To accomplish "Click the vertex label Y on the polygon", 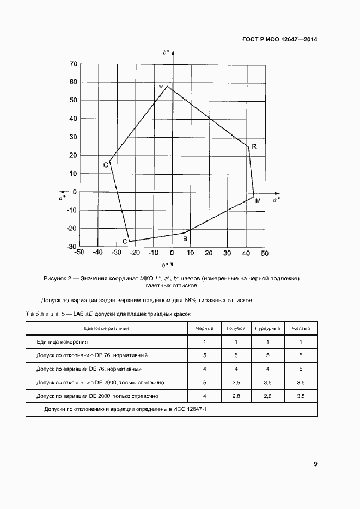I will click(161, 88).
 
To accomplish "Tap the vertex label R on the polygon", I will click(254, 147).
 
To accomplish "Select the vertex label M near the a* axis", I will click(258, 201).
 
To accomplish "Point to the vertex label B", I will click(185, 239).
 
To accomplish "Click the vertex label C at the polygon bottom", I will click(124, 242).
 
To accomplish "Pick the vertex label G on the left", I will click(106, 164).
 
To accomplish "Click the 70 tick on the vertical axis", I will click(72, 64).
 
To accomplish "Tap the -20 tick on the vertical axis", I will click(71, 229).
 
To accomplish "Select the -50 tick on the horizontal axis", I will click(79, 253).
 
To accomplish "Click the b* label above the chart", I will click(166, 52).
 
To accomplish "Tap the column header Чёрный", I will click(204, 329).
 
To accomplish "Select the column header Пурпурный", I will click(267, 329).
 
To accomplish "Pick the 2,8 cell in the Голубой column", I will click(236, 396).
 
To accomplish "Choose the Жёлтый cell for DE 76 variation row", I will click(301, 369).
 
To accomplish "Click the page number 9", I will click(315, 464).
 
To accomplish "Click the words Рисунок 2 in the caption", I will click(58, 279).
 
